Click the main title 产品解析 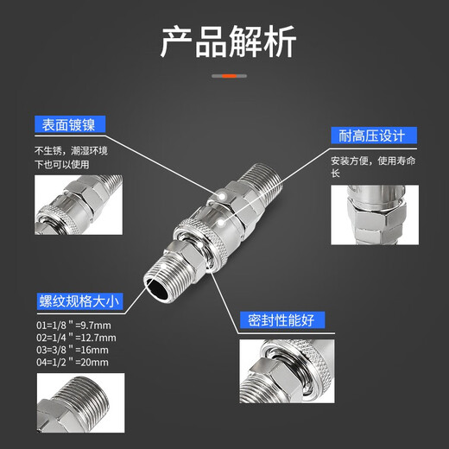click(227, 41)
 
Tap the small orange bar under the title click(225, 76)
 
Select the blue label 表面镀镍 click(72, 124)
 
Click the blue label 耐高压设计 click(374, 135)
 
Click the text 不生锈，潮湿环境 click(71, 150)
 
